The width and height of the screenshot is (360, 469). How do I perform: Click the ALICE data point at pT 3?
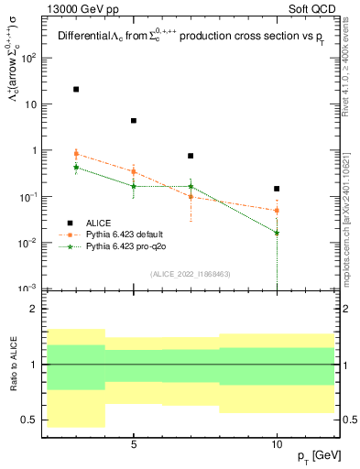tap(76, 90)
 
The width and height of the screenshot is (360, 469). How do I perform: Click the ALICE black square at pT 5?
tap(134, 121)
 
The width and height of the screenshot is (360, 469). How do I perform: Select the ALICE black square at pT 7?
tap(191, 156)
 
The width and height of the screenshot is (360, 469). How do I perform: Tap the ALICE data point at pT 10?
tap(277, 189)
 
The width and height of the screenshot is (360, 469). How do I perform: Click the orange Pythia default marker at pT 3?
tap(76, 154)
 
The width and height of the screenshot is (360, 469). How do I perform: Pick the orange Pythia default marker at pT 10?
tap(277, 211)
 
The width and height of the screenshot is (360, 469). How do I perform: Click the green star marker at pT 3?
tap(76, 168)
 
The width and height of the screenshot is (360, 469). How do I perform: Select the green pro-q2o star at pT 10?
tap(277, 233)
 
